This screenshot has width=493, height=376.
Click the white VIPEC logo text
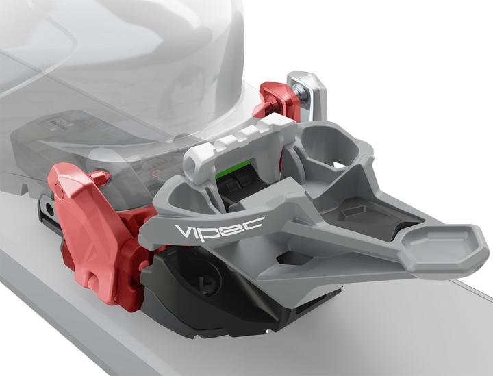[219, 227]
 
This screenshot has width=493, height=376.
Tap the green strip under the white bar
[233, 169]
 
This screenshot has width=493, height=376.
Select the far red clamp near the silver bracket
[276, 101]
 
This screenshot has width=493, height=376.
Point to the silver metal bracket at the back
[307, 95]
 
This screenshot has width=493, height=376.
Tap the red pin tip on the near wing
[101, 177]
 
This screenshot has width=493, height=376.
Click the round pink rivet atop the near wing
[59, 191]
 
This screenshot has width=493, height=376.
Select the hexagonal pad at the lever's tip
[444, 246]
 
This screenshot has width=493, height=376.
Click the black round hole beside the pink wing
[49, 208]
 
